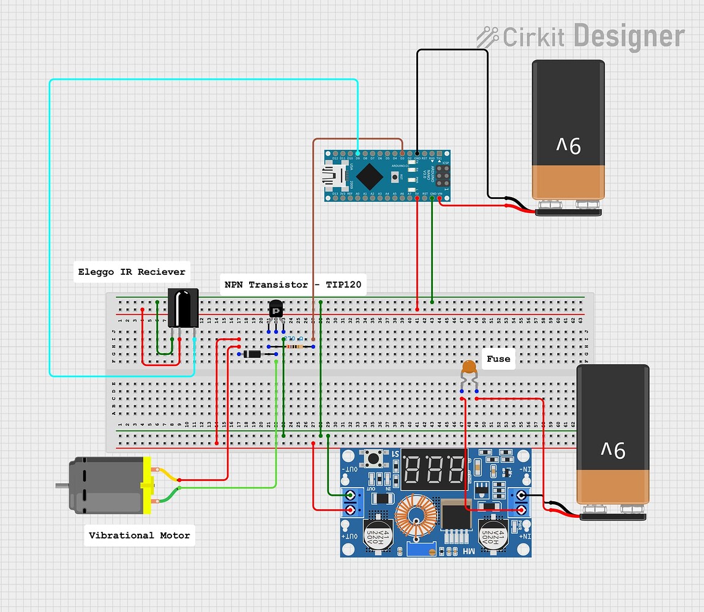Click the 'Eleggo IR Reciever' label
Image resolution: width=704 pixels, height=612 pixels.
[132, 272]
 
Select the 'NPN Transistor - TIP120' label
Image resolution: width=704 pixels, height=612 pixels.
[293, 285]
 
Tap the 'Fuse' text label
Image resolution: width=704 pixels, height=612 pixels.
[498, 359]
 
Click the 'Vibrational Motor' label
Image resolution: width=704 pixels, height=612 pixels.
[139, 535]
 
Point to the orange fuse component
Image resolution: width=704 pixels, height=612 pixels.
[468, 368]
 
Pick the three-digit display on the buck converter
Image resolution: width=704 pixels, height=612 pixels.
[435, 470]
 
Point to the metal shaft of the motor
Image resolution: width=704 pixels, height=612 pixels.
[61, 486]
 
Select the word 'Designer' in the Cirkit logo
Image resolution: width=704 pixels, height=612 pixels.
[629, 36]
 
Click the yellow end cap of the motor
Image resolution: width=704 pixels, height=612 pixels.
[146, 485]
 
